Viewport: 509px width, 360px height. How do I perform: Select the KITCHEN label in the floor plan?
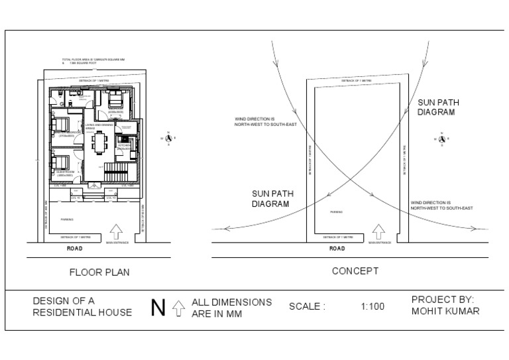pos(123,145)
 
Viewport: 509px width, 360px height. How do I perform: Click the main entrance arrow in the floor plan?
pos(117,232)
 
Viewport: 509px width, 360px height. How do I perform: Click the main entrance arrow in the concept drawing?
pos(378,232)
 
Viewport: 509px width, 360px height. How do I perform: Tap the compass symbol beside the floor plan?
pos(169,139)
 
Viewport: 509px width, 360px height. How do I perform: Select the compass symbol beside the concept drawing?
pos(442,139)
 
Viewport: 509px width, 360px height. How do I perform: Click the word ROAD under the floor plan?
pos(76,249)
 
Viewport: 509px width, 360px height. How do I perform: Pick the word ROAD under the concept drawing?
pos(337,249)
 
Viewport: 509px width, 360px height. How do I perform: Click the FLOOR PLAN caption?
pos(99,272)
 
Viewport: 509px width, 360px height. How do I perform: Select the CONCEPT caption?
pos(355,271)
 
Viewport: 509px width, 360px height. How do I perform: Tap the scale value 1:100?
pos(372,307)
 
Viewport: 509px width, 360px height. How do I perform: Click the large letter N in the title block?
pos(158,308)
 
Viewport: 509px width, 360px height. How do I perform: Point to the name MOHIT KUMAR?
pos(445,312)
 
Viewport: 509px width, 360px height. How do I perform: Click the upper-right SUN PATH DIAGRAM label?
pos(435,108)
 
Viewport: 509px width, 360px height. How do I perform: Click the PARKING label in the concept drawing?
pos(336,212)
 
